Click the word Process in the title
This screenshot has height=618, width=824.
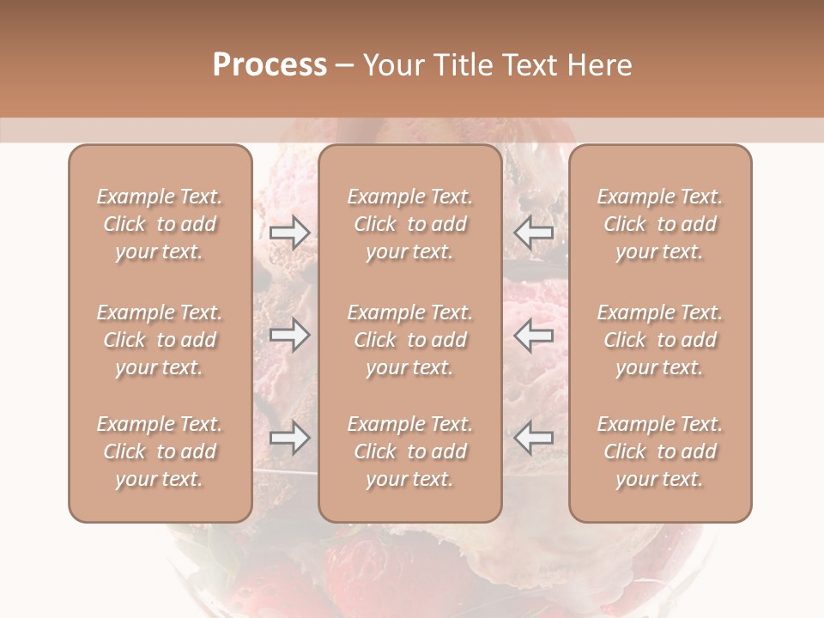(270, 65)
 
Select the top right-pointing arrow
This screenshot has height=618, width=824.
(289, 233)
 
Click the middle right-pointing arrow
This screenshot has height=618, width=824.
(289, 335)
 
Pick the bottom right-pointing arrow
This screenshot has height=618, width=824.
(289, 438)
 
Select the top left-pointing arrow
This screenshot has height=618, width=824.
(534, 233)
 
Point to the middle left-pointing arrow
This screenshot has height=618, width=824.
(534, 335)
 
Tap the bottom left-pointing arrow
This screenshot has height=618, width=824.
(534, 438)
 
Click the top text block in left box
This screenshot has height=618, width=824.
(160, 224)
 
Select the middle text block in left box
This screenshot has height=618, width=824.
(160, 340)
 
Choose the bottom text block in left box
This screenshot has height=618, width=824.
(160, 451)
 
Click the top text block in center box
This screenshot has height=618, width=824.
(410, 224)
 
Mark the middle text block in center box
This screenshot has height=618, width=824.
(410, 340)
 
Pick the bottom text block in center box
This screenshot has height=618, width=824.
(410, 451)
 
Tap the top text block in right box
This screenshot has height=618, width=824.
(660, 224)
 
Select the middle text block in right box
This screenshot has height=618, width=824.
(660, 340)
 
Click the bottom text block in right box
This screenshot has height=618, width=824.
(660, 451)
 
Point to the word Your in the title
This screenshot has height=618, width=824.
(391, 65)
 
